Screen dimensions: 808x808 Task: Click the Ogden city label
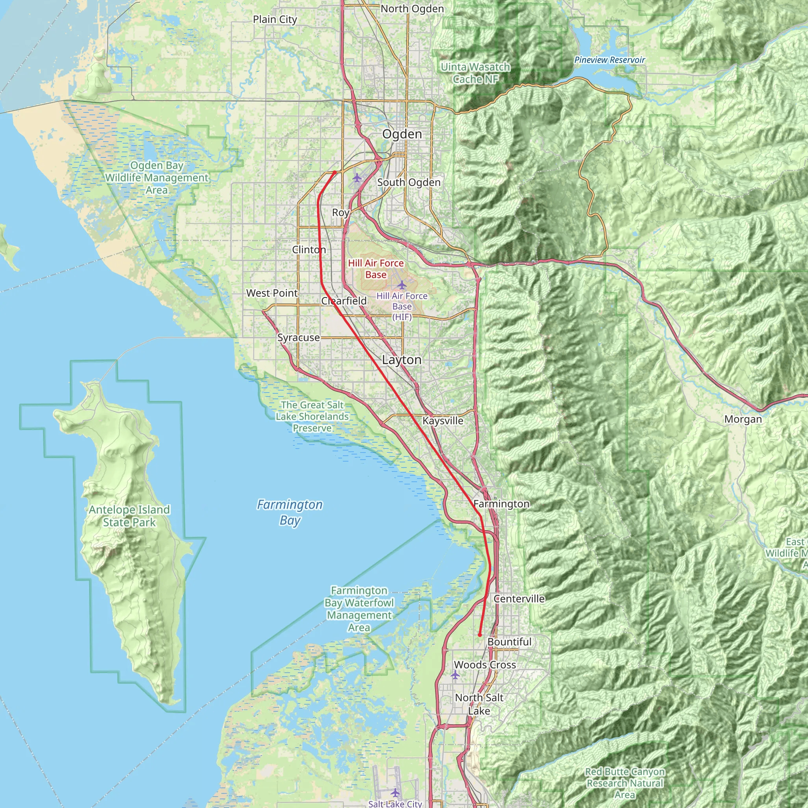[x=402, y=134]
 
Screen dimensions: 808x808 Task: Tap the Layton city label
[x=402, y=360]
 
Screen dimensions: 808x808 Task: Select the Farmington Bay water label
[x=290, y=512]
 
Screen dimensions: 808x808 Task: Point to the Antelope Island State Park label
[x=129, y=516]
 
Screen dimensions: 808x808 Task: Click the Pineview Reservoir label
[x=609, y=60]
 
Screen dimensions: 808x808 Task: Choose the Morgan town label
[x=743, y=419]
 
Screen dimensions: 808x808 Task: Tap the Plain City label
[x=275, y=20]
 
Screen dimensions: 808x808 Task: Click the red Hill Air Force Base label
[x=376, y=269]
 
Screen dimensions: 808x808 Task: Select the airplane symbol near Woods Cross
[x=455, y=675]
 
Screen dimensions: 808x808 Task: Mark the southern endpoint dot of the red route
[x=480, y=635]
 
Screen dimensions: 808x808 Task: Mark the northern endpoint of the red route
[x=335, y=172]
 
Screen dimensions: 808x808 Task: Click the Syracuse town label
[x=299, y=337]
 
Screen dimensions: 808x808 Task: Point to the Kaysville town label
[x=443, y=421]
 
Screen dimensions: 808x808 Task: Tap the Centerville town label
[x=519, y=599]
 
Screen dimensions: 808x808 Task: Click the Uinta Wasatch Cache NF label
[x=475, y=73]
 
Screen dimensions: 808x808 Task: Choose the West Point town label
[x=272, y=293]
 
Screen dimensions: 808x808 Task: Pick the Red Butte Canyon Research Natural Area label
[x=625, y=783]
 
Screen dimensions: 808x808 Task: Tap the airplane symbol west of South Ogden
[x=357, y=178]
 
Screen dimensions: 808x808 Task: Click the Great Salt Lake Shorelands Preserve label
[x=312, y=417]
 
